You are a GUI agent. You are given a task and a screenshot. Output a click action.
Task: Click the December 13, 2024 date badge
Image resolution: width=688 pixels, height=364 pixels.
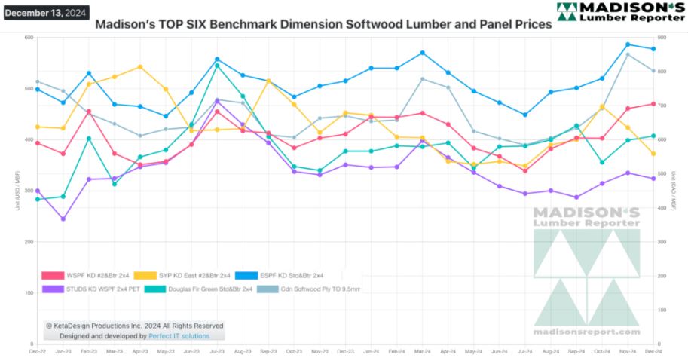pos(45,13)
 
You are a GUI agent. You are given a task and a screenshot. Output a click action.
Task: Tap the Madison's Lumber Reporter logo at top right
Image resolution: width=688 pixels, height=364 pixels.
pos(621,13)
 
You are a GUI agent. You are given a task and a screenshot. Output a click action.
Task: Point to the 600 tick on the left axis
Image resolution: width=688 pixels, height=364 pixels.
pos(29,38)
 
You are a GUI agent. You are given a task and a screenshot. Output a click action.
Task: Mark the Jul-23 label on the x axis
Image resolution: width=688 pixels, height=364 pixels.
pos(217,352)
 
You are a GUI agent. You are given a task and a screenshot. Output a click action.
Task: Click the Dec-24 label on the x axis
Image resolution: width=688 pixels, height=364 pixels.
pos(653,352)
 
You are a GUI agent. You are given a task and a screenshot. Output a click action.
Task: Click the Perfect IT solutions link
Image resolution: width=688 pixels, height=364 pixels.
pos(179,335)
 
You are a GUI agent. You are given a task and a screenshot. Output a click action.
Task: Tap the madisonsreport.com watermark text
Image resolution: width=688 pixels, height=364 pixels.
pos(586,332)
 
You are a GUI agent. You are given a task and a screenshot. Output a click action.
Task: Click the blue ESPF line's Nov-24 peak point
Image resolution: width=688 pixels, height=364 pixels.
pos(627,44)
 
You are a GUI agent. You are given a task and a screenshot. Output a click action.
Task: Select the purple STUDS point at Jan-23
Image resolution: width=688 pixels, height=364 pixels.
pos(63,219)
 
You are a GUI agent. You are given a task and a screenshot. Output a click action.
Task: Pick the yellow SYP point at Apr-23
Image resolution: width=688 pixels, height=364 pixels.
pos(140,67)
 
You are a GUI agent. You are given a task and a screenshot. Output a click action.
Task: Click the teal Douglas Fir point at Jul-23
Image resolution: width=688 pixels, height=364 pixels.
pos(217,66)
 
